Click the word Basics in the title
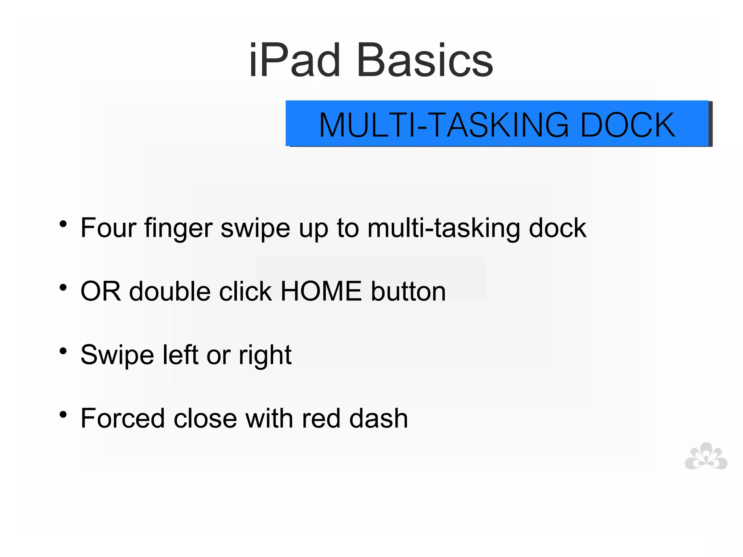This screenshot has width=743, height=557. click(425, 61)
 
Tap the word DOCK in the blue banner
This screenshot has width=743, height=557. click(628, 125)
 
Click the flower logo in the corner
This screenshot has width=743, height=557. click(706, 457)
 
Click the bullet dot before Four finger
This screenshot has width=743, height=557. click(63, 224)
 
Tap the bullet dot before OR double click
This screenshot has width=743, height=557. click(63, 288)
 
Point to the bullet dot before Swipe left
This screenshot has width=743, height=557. click(63, 351)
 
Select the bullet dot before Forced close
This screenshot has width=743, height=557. click(63, 414)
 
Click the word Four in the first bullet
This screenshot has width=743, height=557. click(108, 228)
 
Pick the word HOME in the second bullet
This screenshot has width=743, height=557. click(321, 291)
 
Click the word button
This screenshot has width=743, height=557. click(408, 291)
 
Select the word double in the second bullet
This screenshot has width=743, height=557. click(170, 291)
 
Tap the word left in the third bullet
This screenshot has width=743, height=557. click(180, 355)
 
